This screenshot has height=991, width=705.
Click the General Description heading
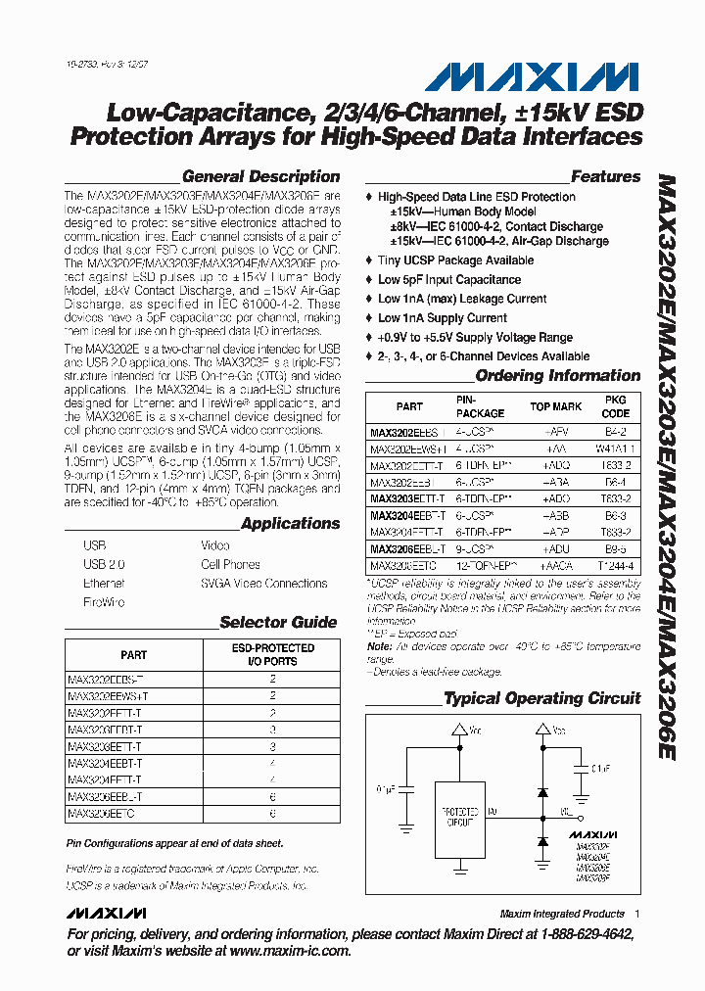coord(260,177)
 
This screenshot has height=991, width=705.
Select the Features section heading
coord(605,177)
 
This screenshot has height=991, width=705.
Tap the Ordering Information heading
coord(557,376)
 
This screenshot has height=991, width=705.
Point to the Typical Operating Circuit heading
coord(541,698)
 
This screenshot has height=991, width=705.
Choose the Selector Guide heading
coord(278,622)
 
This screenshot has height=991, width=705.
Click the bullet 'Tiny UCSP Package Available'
coord(455,260)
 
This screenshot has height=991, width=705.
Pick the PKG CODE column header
coord(615,406)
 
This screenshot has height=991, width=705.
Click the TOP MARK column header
coord(555,406)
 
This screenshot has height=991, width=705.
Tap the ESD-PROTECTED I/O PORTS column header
coord(272,654)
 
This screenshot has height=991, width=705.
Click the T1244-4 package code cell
coord(615,566)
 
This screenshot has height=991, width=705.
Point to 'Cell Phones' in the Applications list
coord(230,564)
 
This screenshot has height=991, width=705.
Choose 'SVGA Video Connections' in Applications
coord(263,584)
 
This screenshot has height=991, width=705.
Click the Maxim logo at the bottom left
coord(107,914)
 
